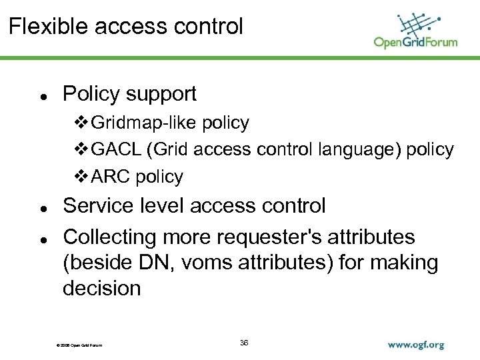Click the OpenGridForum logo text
point(415,42)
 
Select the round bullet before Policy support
point(42,97)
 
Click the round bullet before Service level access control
point(42,208)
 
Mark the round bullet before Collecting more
point(42,239)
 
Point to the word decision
point(102,289)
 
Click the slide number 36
point(244,343)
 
